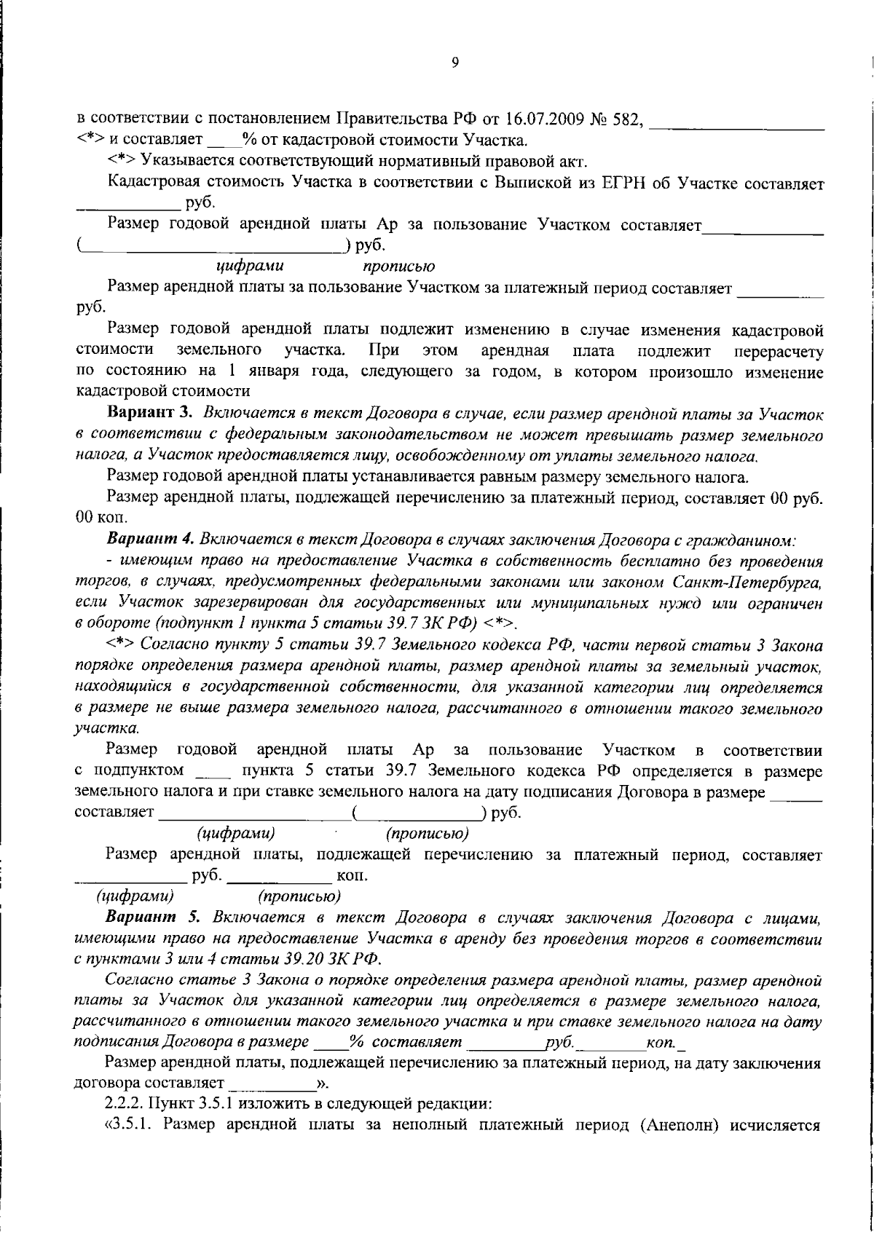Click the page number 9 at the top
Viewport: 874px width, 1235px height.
coord(454,63)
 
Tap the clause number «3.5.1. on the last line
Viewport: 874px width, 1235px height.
coord(131,1125)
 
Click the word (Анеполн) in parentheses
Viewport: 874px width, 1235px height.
coord(682,1125)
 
